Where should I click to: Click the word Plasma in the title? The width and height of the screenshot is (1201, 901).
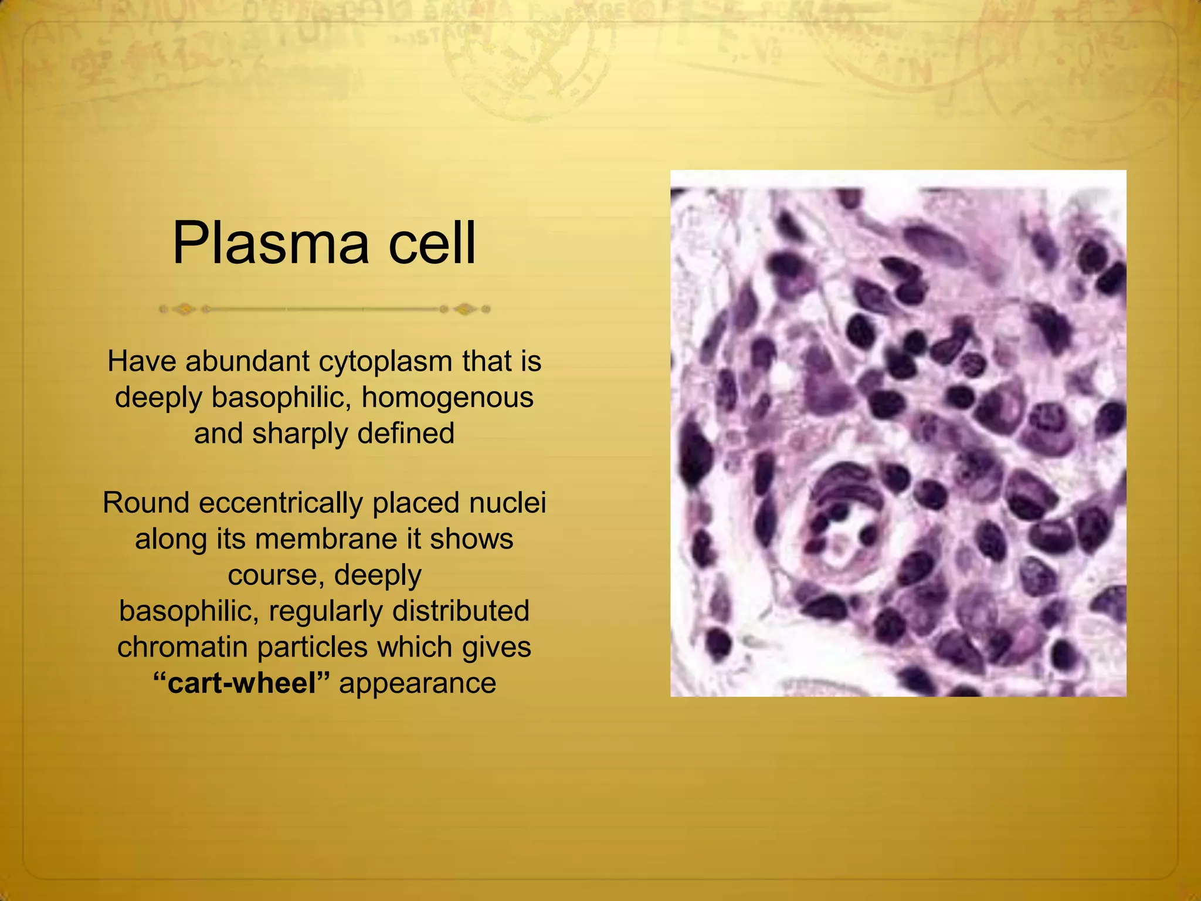tap(270, 243)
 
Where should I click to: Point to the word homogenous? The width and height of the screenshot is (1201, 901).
tap(447, 397)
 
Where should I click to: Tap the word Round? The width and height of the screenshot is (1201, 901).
tap(146, 503)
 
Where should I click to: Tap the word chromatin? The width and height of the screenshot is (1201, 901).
tap(183, 647)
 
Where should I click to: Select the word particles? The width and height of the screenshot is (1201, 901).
tap(313, 648)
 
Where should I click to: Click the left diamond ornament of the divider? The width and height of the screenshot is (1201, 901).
tap(184, 309)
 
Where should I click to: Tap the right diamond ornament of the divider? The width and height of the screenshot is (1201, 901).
tap(465, 309)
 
